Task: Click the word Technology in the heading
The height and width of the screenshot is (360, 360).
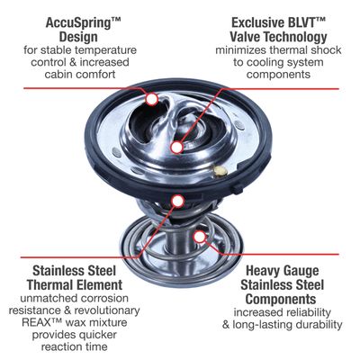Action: [x=295, y=37]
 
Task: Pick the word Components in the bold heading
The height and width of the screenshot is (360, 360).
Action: [x=281, y=299]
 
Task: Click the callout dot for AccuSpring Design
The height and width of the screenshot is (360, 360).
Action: [x=152, y=99]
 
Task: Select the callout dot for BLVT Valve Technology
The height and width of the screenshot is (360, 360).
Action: [x=177, y=148]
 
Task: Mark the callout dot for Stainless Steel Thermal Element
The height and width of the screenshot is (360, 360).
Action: [x=178, y=202]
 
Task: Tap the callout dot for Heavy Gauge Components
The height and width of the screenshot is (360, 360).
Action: [x=199, y=237]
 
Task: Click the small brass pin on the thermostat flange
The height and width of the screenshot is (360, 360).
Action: [x=220, y=170]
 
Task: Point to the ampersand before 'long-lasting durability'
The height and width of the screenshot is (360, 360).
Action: [x=226, y=325]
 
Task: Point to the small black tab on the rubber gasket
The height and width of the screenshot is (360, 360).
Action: [x=238, y=188]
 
